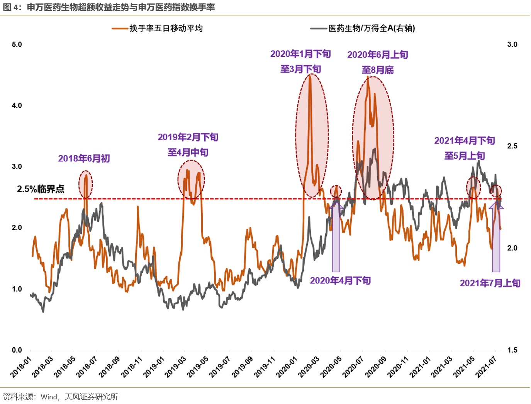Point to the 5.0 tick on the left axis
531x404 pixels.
click(17, 44)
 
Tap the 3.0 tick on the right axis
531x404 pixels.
click(512, 44)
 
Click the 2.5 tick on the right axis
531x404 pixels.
click(512, 146)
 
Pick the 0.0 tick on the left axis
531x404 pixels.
click(17, 350)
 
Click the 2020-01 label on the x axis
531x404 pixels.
click(287, 367)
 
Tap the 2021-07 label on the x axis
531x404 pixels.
click(486, 367)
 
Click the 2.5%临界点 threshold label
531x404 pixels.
click(41, 189)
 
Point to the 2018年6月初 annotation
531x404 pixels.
click(84, 158)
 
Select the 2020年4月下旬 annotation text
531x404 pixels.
click(340, 280)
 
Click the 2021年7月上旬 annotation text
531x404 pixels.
click(490, 283)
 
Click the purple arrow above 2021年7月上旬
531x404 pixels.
click(496, 238)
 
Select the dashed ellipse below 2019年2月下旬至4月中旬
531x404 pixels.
click(191, 180)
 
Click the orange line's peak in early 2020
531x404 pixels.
click(310, 76)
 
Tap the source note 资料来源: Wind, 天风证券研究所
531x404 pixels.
click(60, 397)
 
